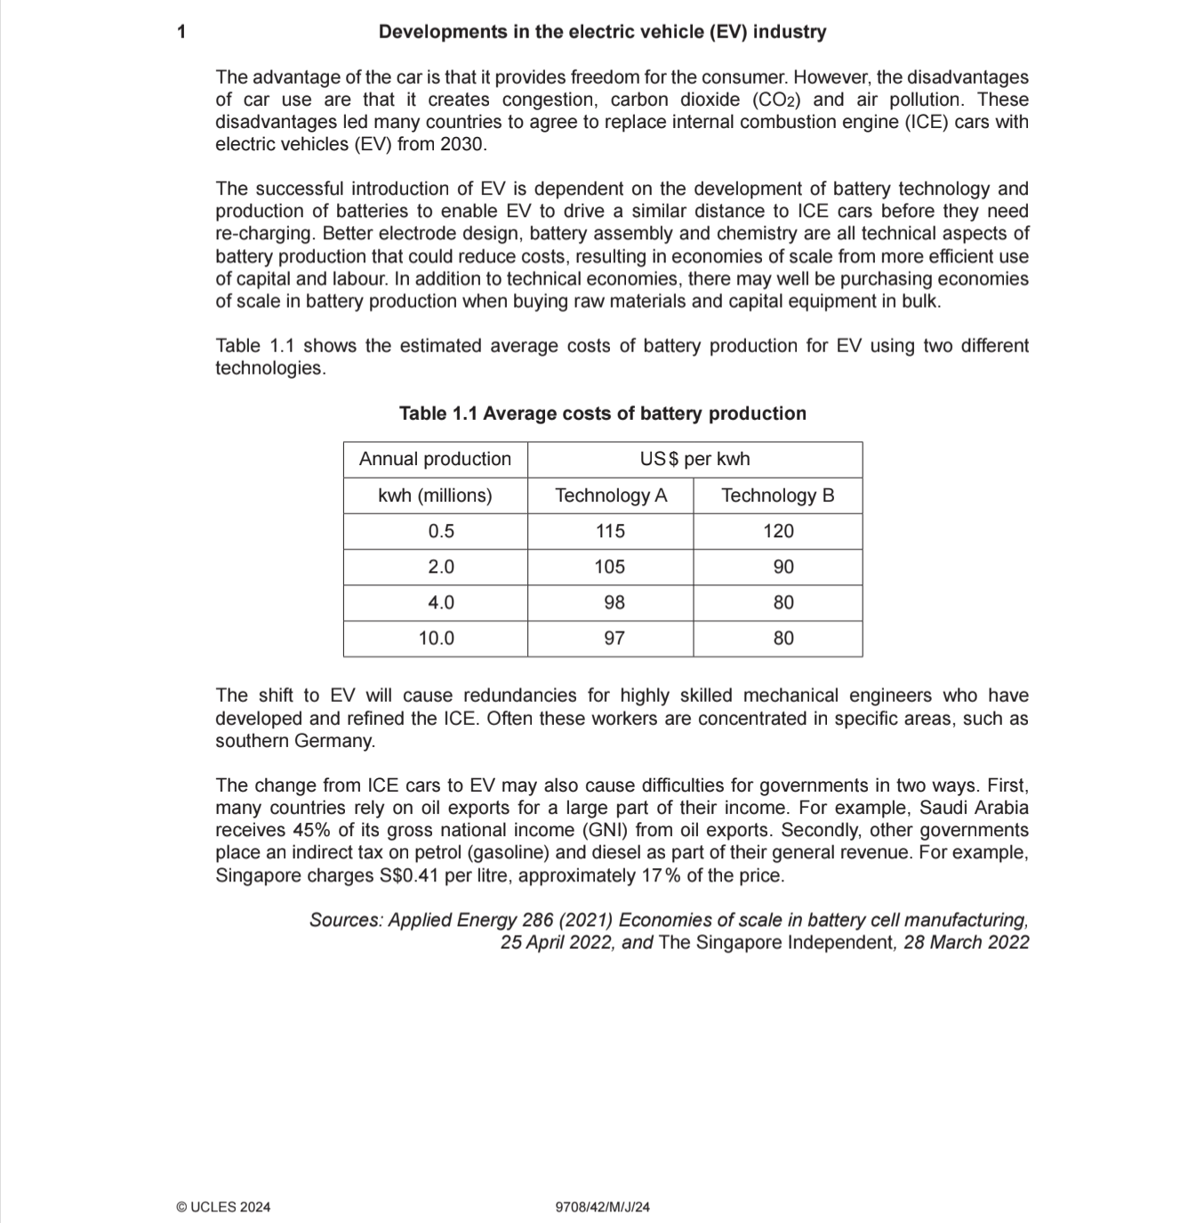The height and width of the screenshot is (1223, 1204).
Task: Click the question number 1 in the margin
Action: pos(181,32)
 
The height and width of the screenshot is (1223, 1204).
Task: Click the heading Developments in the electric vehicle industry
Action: pos(602,32)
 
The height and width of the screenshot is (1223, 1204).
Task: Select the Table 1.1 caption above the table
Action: pos(602,414)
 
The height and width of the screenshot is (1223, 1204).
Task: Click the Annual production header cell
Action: pos(435,459)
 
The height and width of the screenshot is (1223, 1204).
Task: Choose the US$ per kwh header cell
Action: pos(694,459)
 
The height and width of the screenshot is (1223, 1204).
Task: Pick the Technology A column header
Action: pos(610,495)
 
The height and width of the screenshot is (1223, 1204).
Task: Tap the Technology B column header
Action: pos(777,495)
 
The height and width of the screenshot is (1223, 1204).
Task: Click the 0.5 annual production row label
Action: pos(440,531)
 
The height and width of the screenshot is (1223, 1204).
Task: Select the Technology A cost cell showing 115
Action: pos(610,531)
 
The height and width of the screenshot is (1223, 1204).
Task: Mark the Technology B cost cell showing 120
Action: pos(778,531)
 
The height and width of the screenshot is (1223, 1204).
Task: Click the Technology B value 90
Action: pos(783,567)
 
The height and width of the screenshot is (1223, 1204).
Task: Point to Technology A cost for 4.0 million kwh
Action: pos(614,602)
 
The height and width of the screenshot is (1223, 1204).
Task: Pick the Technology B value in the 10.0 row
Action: pos(783,638)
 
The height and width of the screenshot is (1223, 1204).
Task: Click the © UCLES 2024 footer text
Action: pos(223,1207)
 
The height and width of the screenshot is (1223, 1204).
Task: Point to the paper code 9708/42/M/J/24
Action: pos(602,1207)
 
